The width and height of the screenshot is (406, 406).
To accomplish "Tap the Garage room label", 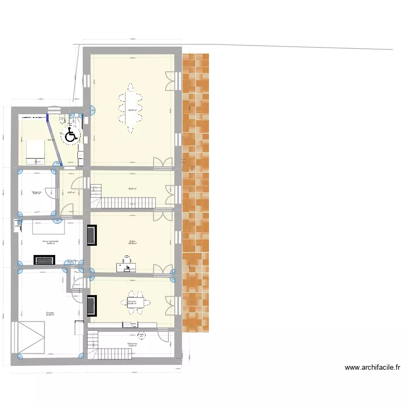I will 50,312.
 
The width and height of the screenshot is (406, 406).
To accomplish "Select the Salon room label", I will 132,241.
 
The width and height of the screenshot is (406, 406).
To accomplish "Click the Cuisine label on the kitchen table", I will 132,301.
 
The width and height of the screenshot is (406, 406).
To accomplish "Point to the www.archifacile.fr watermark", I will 372,368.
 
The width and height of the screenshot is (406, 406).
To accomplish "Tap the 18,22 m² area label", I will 132,189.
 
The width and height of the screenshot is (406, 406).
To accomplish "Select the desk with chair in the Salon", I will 127,264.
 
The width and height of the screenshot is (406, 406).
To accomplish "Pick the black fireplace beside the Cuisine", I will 91,306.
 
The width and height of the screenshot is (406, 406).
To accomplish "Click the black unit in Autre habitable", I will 44,260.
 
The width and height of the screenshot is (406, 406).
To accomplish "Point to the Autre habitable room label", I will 50,241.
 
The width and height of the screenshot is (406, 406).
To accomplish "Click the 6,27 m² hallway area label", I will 71,192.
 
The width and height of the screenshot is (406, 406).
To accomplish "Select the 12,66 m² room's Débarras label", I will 132,343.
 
